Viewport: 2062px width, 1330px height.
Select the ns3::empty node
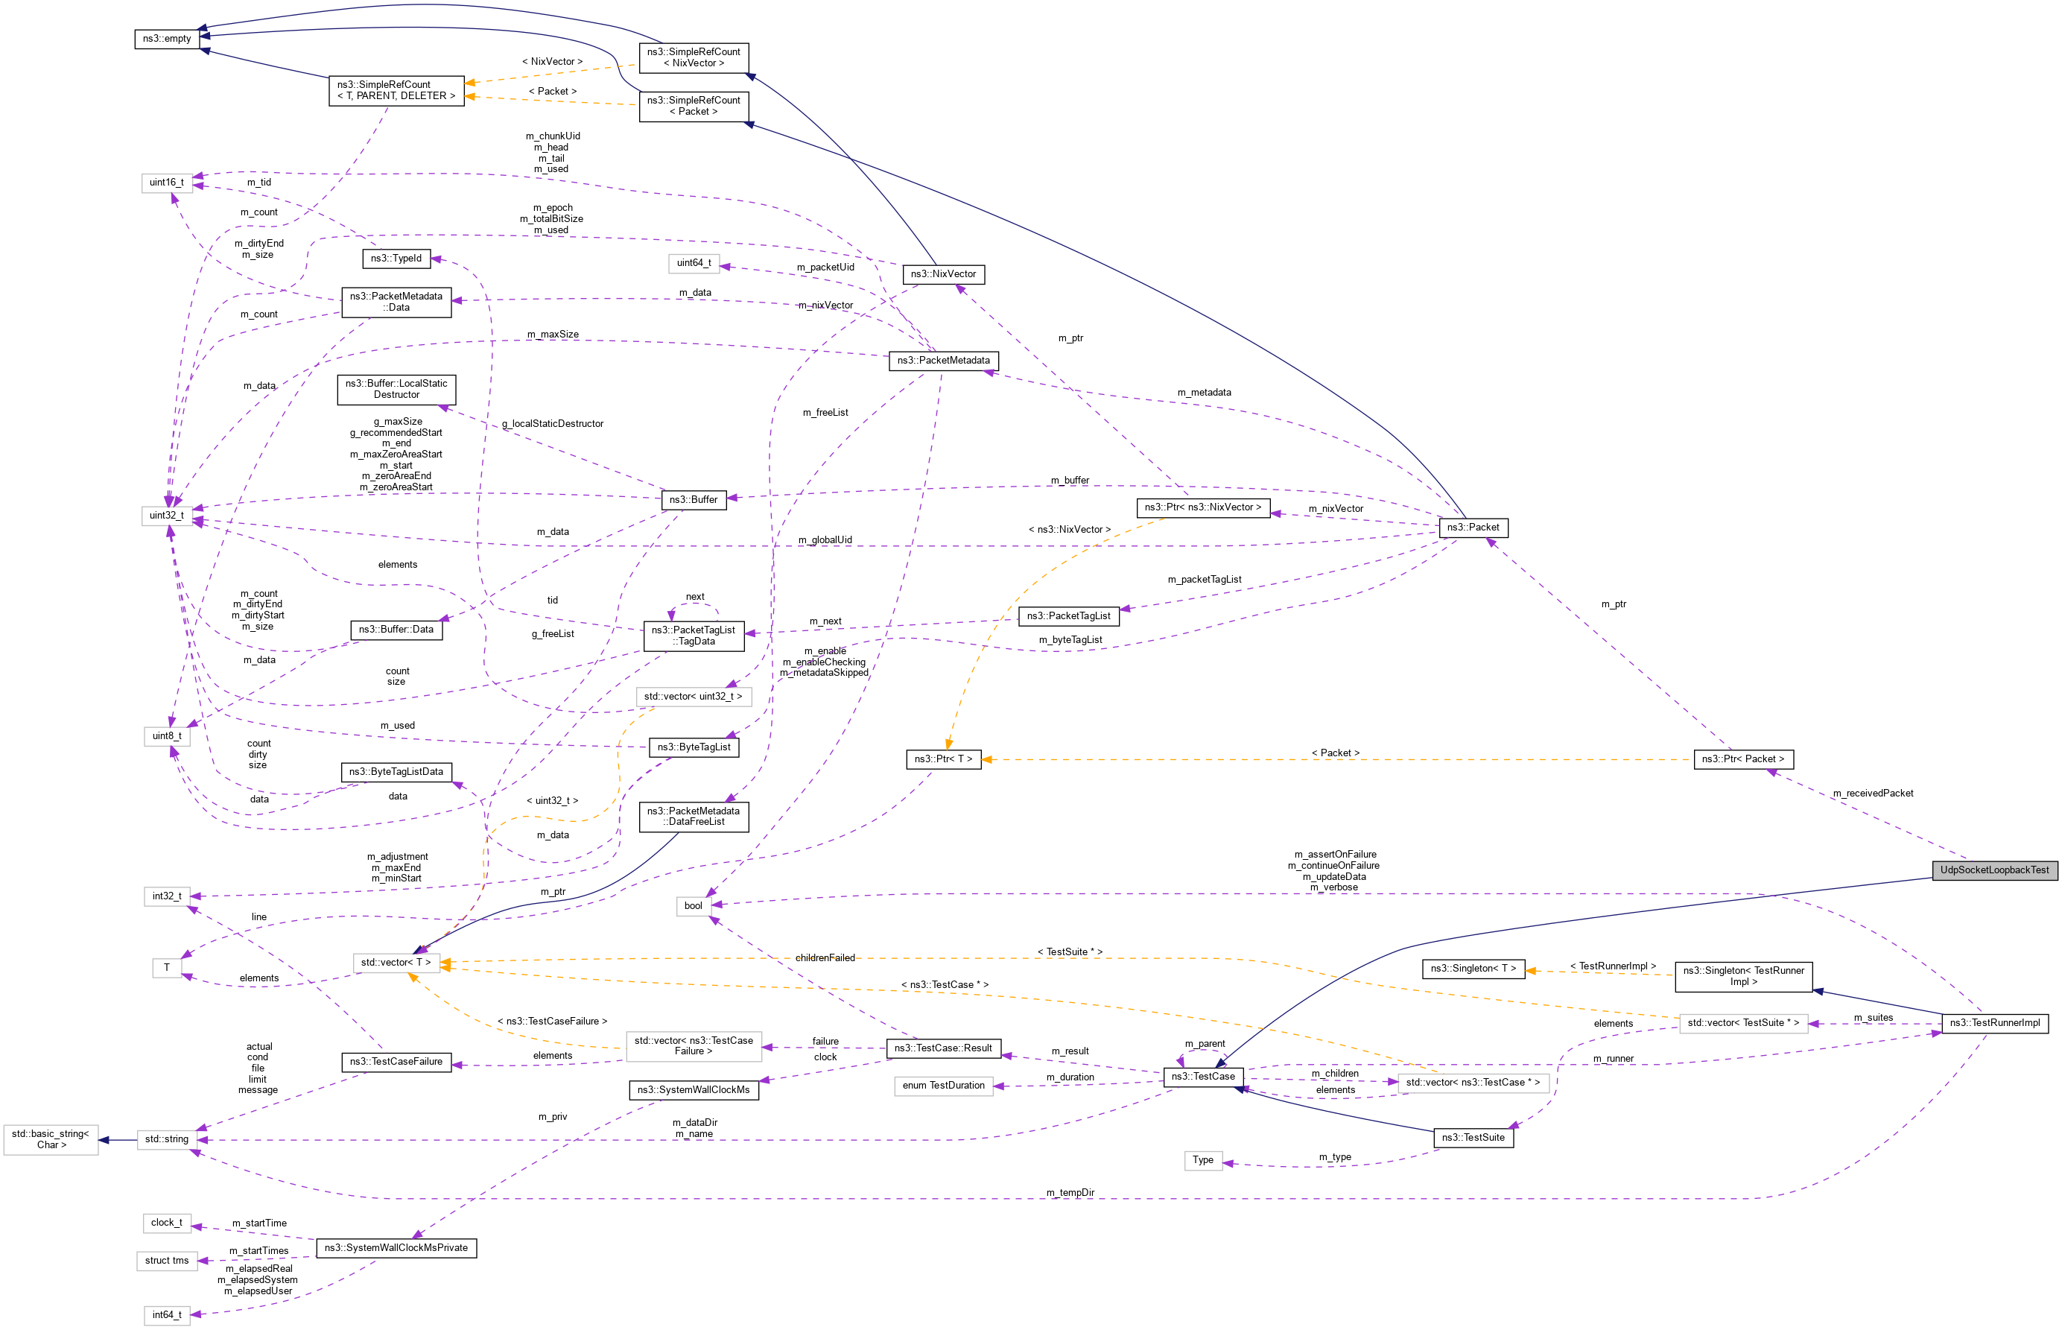(x=167, y=39)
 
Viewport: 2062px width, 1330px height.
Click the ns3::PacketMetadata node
(x=943, y=360)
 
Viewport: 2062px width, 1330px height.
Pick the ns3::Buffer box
(x=694, y=499)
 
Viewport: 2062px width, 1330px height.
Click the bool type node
(x=694, y=905)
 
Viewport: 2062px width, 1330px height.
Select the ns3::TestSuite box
(x=1472, y=1138)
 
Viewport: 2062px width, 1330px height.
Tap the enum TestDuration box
(x=943, y=1086)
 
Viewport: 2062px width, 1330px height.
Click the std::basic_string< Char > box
(x=51, y=1139)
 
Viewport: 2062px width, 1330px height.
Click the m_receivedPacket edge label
(x=1872, y=793)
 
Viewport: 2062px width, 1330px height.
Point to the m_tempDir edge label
(x=1070, y=1193)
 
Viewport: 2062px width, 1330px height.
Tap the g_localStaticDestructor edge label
(x=553, y=423)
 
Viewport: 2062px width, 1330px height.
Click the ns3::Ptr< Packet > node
(x=1742, y=759)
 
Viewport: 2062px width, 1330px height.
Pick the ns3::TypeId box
(x=396, y=259)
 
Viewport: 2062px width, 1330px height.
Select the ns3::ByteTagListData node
(x=396, y=771)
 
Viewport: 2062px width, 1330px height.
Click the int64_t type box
(x=167, y=1314)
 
